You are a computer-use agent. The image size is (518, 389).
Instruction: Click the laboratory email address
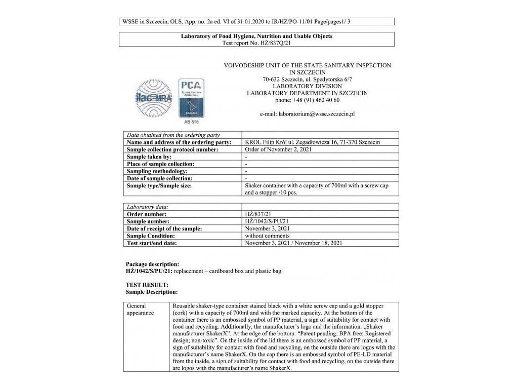[x=307, y=114]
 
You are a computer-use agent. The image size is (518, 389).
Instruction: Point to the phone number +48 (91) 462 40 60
[x=307, y=100]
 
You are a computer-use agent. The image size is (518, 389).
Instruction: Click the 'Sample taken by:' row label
[x=149, y=157]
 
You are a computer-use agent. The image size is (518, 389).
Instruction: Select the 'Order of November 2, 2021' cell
[x=278, y=149]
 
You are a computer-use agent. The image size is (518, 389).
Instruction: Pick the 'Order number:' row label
[x=147, y=214]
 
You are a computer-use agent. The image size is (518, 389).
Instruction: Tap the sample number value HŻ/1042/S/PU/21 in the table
[x=267, y=221]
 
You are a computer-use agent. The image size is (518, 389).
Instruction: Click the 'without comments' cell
[x=267, y=236]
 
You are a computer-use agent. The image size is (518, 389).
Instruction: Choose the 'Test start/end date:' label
[x=152, y=243]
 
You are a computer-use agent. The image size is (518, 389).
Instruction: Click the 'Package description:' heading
[x=152, y=264]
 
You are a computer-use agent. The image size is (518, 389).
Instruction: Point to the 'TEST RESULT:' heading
[x=147, y=285]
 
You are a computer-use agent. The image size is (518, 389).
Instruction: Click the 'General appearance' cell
[x=140, y=309]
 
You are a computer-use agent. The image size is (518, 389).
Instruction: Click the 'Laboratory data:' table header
[x=147, y=207]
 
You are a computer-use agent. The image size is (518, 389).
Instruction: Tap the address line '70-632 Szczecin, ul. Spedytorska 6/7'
[x=307, y=79]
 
